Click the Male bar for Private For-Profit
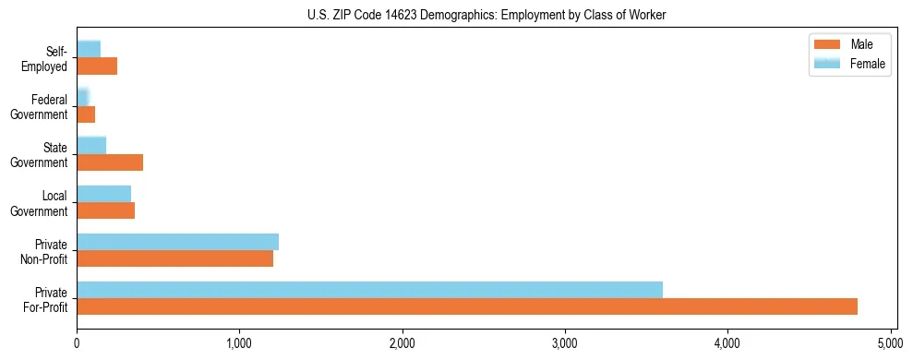pos(467,306)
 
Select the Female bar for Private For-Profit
pos(369,290)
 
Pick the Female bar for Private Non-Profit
pos(177,242)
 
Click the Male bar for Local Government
pos(105,210)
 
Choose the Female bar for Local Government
pos(103,194)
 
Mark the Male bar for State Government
pos(110,162)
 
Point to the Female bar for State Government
pos(91,146)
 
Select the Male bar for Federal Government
pos(86,114)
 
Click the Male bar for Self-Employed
pos(97,66)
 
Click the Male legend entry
pos(848,44)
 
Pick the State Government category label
pos(40,154)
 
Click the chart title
pos(487,16)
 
